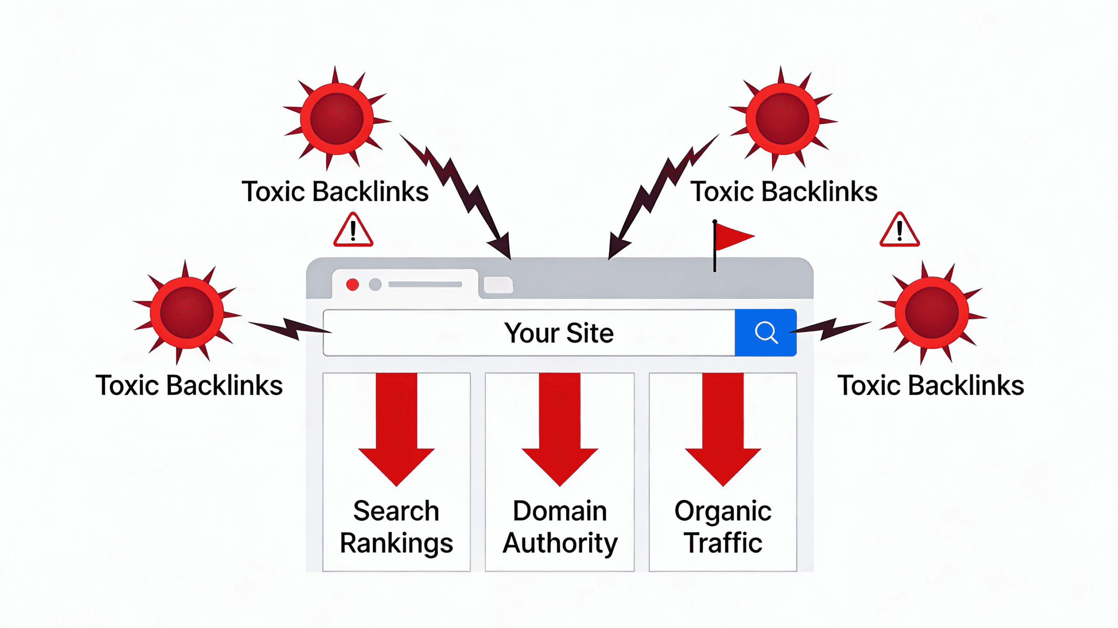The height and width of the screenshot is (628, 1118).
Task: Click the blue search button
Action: coord(766,333)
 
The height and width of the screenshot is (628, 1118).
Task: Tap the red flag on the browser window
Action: coord(732,237)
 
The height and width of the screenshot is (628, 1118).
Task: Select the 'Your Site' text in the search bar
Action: coord(559,333)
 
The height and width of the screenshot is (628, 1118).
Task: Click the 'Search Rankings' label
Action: coord(396,527)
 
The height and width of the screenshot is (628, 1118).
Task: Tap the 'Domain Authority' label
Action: coord(559,527)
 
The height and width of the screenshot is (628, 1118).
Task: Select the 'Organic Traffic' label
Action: coord(723,527)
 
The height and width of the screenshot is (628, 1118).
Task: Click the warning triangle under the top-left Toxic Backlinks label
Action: coord(353,231)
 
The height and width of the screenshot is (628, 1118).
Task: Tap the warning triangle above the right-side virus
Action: coord(899,231)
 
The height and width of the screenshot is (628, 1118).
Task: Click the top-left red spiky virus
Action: coord(336,118)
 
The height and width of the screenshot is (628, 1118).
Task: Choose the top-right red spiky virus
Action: coord(782,118)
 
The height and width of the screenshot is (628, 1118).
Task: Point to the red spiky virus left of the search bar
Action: coord(186,312)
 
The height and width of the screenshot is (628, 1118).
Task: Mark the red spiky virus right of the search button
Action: coord(932,312)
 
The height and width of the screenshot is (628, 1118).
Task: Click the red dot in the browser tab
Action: coord(352,285)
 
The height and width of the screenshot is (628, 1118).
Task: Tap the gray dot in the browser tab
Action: coord(375,285)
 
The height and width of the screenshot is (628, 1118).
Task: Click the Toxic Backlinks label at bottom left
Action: coord(189,386)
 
